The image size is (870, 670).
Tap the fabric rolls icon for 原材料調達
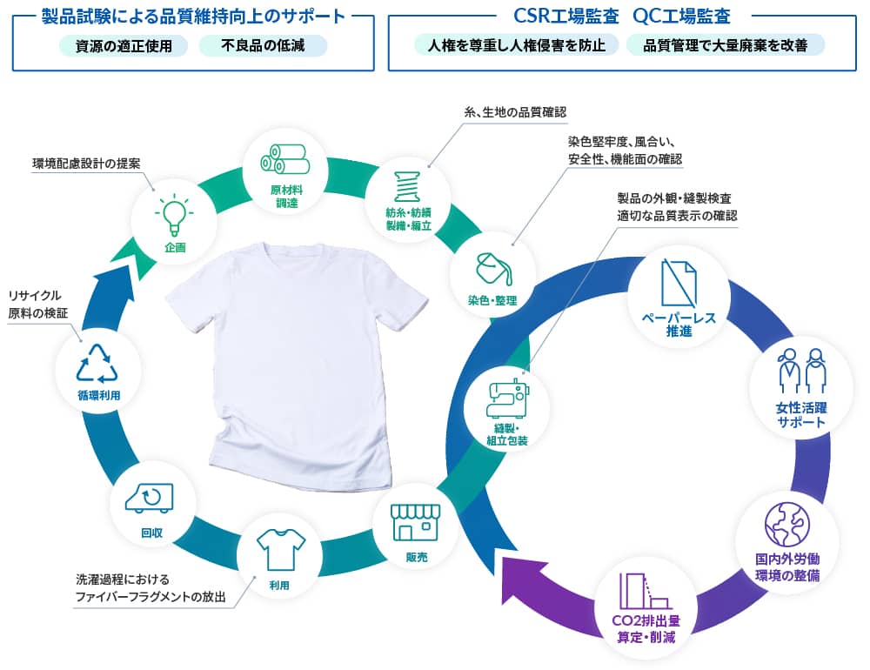click(284, 158)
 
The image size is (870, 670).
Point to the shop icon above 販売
click(415, 521)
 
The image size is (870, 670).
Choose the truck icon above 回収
click(150, 497)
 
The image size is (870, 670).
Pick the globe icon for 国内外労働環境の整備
click(786, 524)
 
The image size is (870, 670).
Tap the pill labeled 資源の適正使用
click(124, 45)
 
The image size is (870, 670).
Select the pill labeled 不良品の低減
click(263, 45)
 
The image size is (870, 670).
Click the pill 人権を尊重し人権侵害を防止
click(517, 45)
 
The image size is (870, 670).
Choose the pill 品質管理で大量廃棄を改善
click(725, 45)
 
